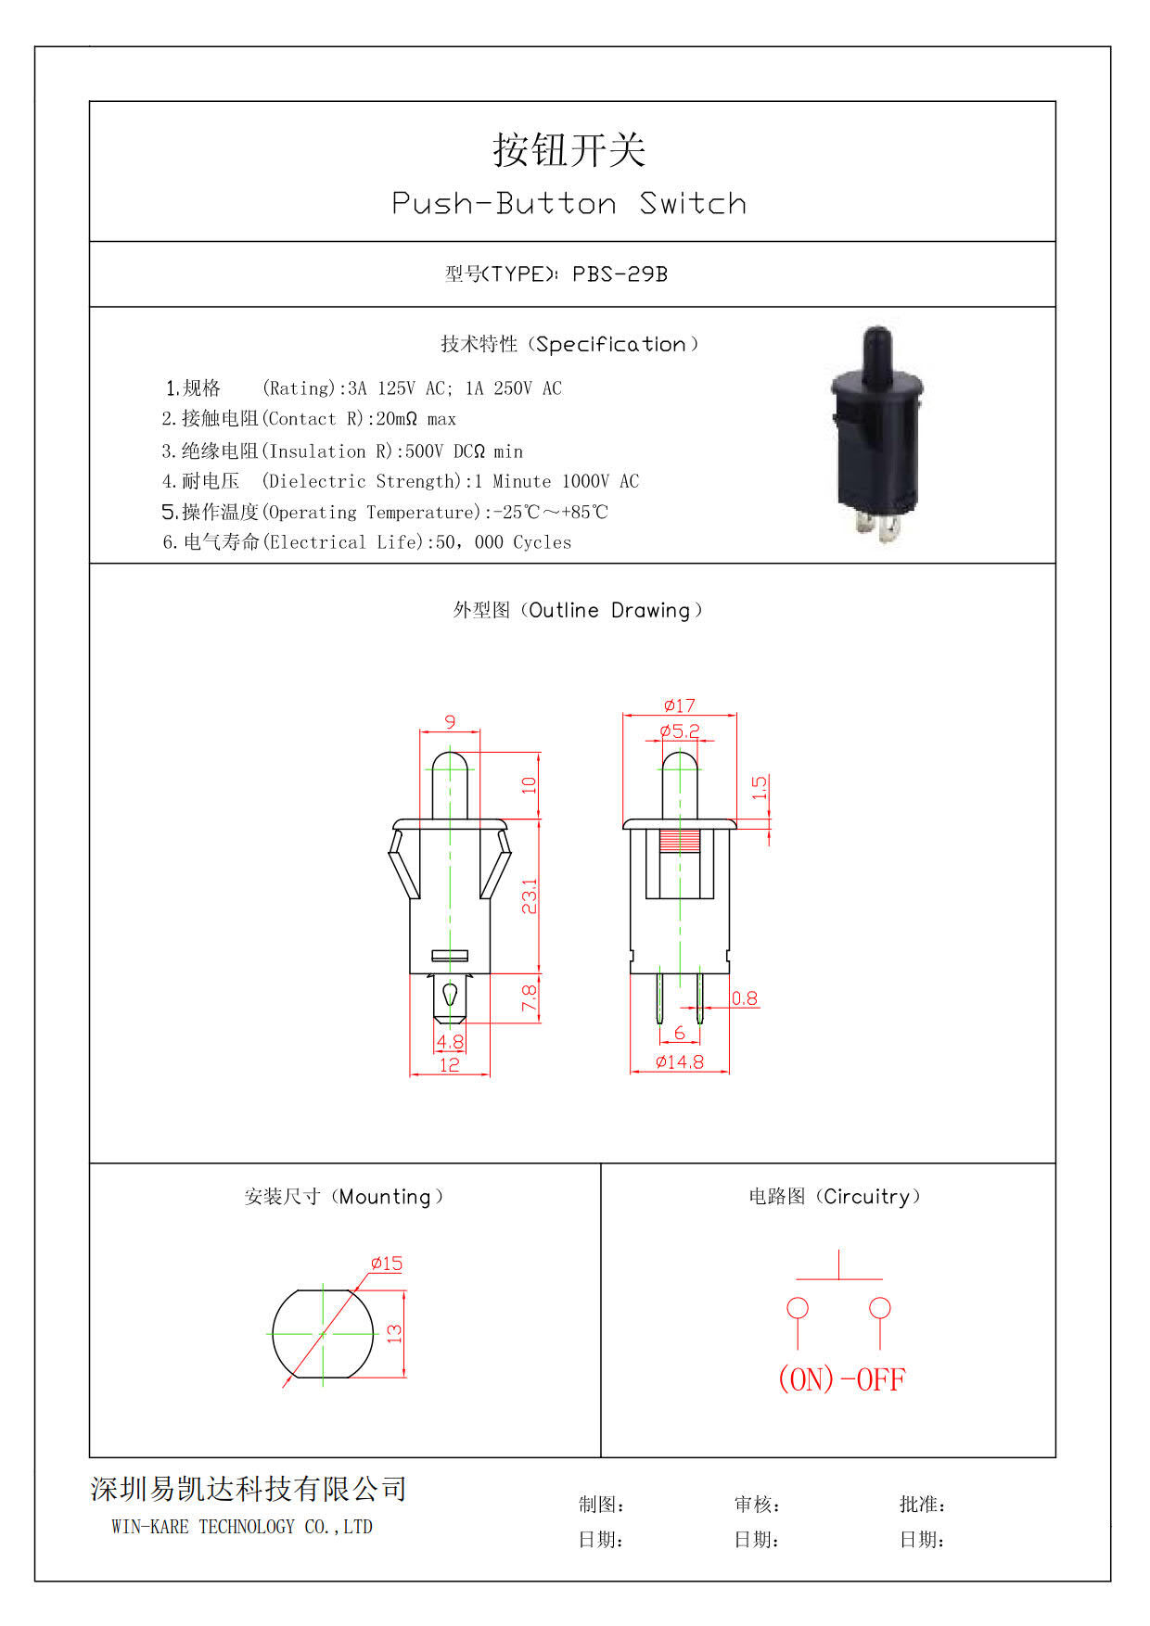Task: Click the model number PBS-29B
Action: [620, 274]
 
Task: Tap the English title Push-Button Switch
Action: [569, 203]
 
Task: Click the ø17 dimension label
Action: [680, 705]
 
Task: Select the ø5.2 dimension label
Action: [680, 730]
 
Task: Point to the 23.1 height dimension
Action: [530, 896]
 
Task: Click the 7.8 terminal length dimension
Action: [530, 997]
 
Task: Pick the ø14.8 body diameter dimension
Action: [680, 1062]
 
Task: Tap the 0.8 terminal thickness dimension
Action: [745, 998]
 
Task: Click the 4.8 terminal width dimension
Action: [450, 1041]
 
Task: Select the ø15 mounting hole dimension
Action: [387, 1264]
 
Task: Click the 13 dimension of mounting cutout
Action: [395, 1334]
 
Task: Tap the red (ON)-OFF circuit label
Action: [841, 1379]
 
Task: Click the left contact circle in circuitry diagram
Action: [798, 1308]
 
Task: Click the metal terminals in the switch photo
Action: [876, 528]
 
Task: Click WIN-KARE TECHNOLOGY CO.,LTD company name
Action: [242, 1527]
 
